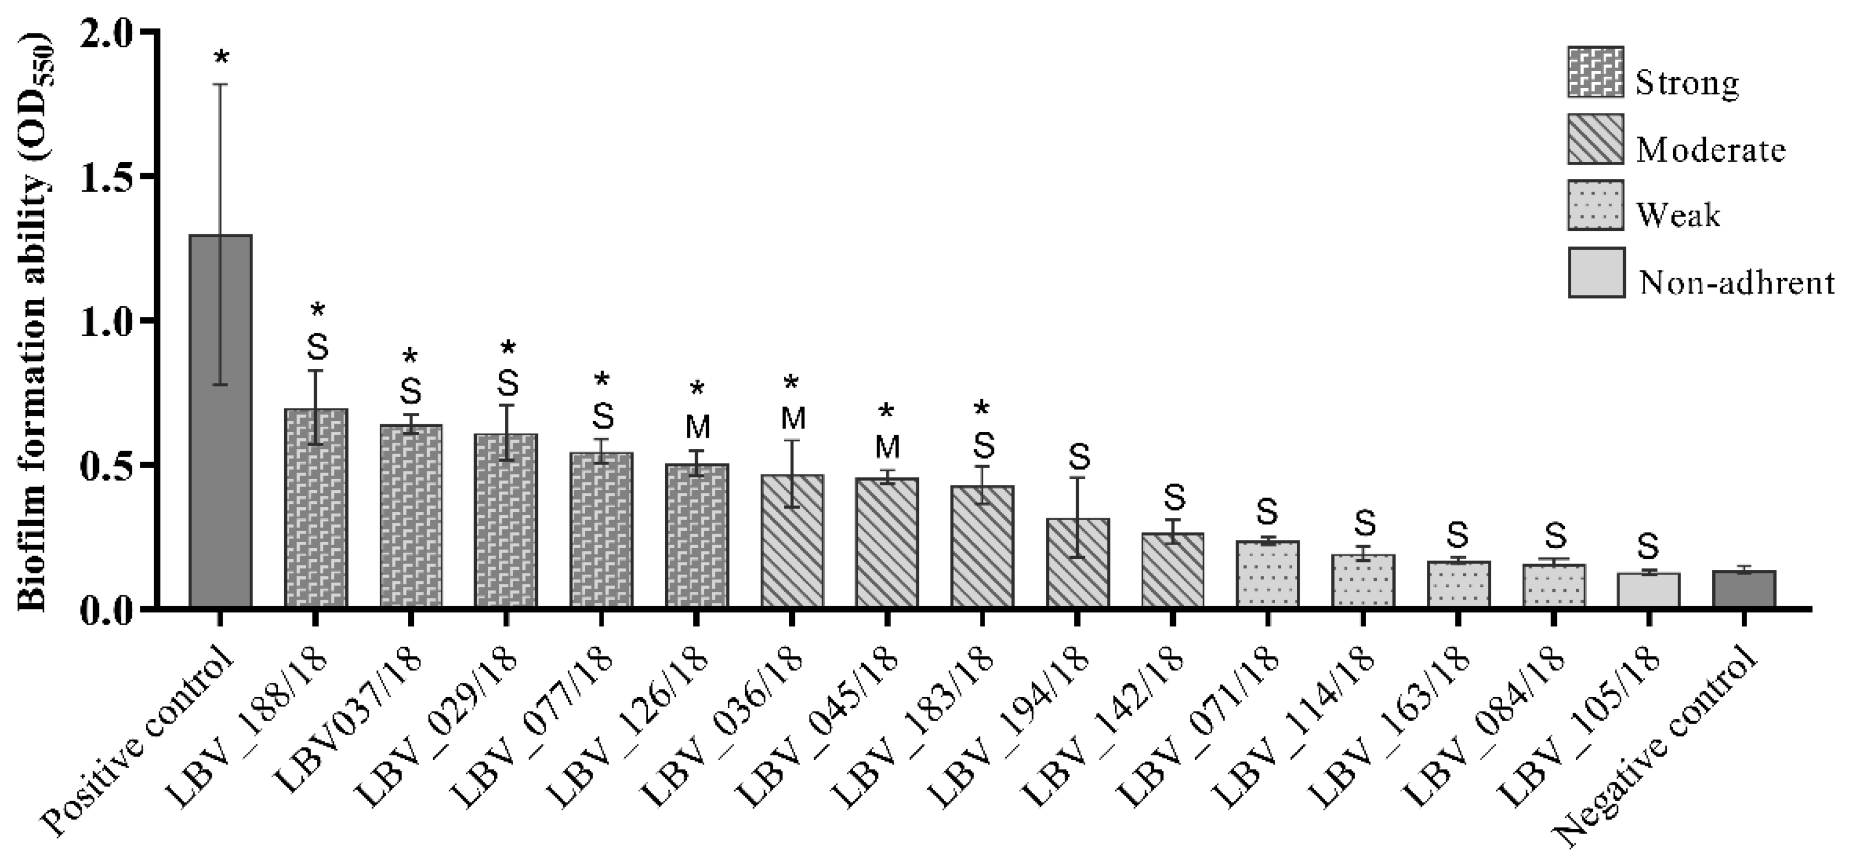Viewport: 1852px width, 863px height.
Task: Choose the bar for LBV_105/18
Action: tap(1648, 590)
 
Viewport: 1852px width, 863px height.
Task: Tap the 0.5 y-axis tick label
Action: tap(105, 465)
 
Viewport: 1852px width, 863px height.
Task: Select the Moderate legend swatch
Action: tap(1595, 139)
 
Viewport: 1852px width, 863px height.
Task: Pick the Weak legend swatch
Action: tap(1595, 204)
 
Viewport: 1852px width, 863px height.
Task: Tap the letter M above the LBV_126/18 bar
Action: tap(697, 427)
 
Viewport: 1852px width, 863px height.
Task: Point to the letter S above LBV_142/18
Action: tap(1173, 496)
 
